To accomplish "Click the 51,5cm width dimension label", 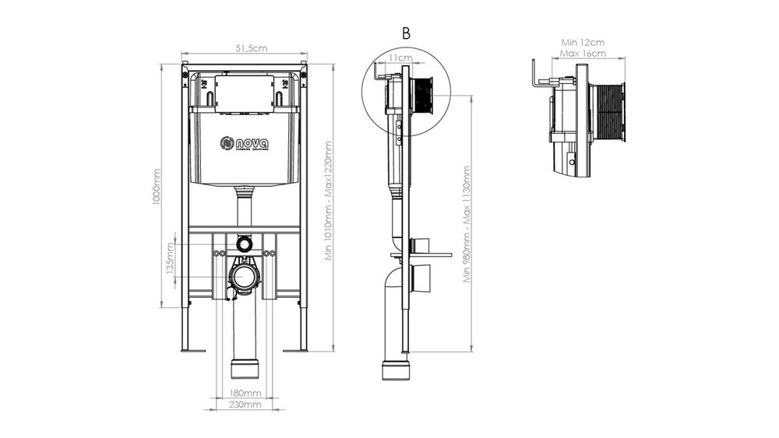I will pos(245,48).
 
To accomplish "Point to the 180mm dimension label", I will pos(245,394).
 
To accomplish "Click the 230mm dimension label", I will pos(245,405).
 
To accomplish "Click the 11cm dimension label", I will pos(401,58).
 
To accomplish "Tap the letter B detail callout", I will pos(406,33).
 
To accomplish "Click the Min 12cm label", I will pos(583,42).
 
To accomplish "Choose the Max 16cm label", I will pos(583,54).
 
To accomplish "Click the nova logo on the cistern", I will pos(245,144).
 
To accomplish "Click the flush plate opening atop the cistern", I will pos(245,95).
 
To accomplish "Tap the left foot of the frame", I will pos(193,349).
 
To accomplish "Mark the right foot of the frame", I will pos(296,349).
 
